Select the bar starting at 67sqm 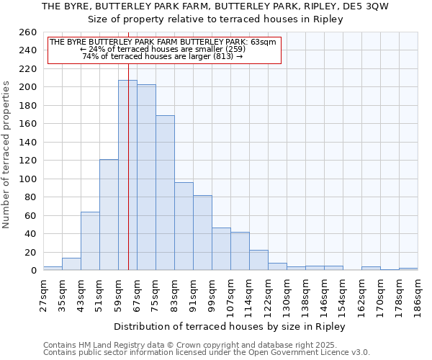pyautogui.click(x=146, y=177)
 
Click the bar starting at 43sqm pyautogui.click(x=90, y=241)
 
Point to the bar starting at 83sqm pyautogui.click(x=184, y=226)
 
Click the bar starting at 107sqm pyautogui.click(x=240, y=251)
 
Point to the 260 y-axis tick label pyautogui.click(x=28, y=32)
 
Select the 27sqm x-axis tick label pyautogui.click(x=44, y=294)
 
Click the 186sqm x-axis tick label pyautogui.click(x=418, y=294)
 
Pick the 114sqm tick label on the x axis pyautogui.click(x=249, y=294)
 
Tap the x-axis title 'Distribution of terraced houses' pyautogui.click(x=230, y=326)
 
